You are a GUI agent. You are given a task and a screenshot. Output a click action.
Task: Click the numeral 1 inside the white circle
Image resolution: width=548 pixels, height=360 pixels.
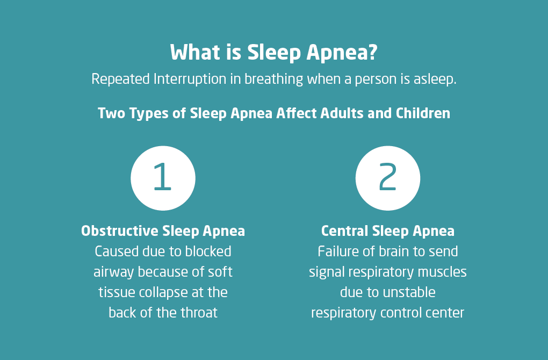tap(162, 176)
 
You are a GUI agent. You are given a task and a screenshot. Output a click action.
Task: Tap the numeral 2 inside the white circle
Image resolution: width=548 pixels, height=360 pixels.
tap(387, 176)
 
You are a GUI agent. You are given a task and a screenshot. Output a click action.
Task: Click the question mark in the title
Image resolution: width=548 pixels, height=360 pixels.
tap(373, 52)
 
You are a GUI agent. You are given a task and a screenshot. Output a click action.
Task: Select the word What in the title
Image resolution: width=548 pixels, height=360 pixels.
tap(195, 52)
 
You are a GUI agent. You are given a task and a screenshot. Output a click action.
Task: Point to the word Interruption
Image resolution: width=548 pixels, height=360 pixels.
tap(190, 79)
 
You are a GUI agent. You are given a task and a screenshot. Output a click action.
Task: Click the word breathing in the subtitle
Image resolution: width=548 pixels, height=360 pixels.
tap(273, 79)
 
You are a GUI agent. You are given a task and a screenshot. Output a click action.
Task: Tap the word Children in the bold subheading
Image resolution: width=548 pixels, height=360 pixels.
tap(423, 113)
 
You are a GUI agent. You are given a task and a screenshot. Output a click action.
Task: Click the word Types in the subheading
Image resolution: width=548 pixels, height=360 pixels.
tap(149, 114)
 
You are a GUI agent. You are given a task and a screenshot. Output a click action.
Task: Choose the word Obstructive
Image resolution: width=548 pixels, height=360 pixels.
tap(119, 231)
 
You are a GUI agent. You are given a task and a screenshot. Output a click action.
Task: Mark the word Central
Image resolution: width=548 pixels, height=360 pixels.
tap(344, 231)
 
